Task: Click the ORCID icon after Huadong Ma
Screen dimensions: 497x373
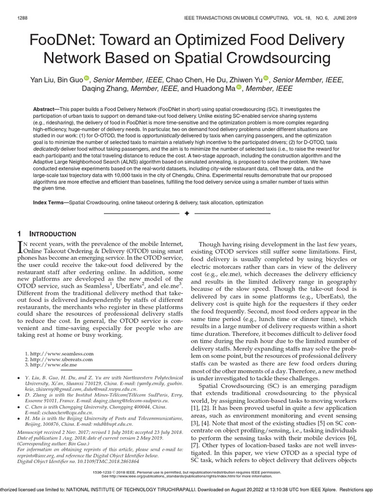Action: [x=239, y=88]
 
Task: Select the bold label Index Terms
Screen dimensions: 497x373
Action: [x=50, y=201]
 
